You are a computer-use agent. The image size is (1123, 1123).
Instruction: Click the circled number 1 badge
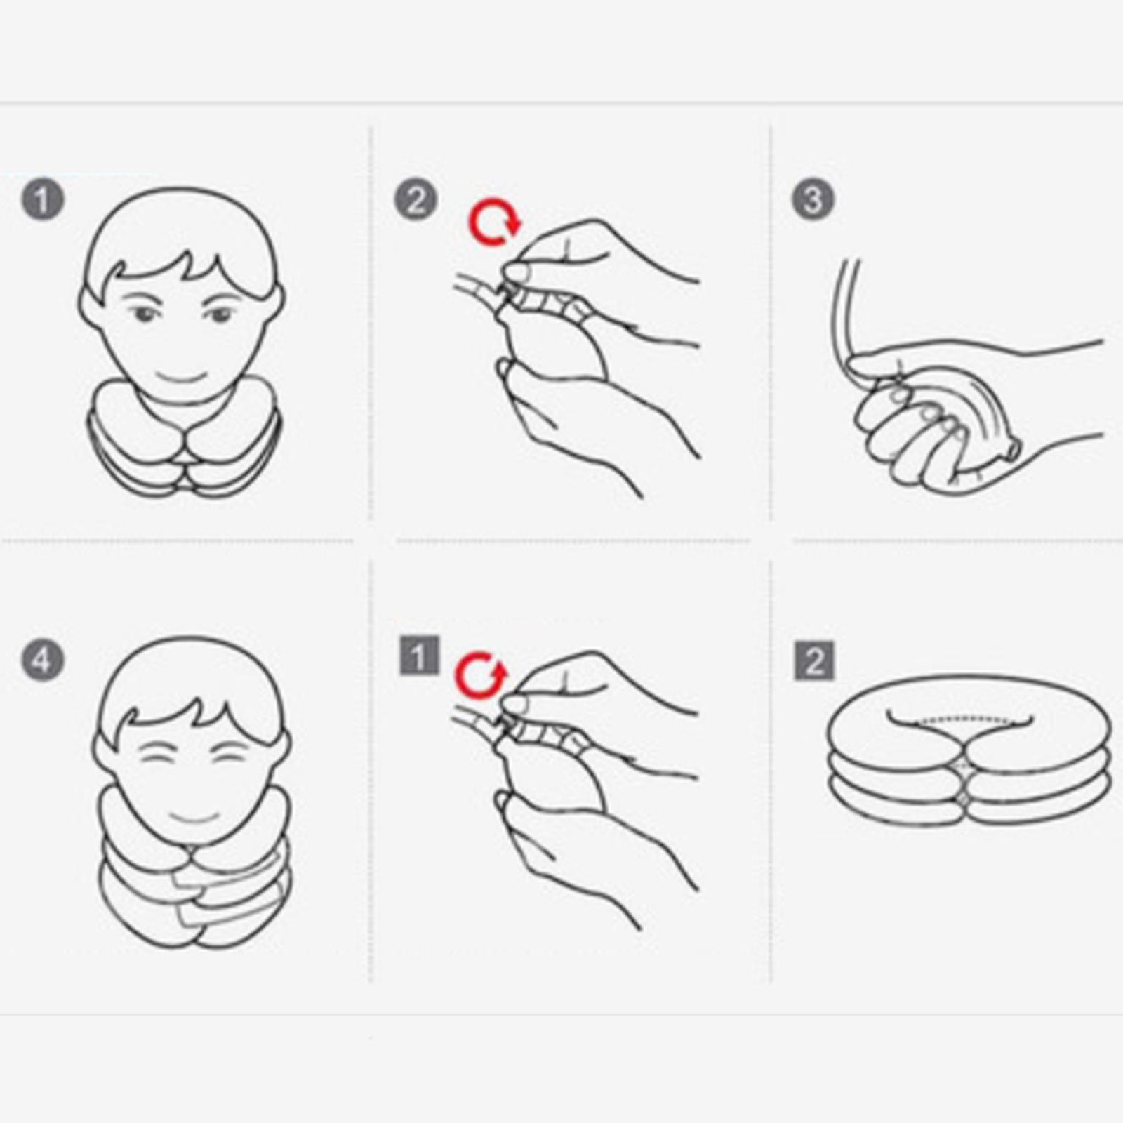coord(42,199)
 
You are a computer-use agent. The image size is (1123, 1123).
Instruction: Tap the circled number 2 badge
coord(416,199)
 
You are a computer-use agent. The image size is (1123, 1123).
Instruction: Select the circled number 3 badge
coord(813,199)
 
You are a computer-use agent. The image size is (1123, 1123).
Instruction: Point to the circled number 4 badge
coord(42,660)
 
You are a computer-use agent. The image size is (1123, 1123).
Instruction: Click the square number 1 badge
coord(419,656)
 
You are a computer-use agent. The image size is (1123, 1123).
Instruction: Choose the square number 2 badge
coord(814,660)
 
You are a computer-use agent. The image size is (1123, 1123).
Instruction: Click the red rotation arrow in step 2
coord(494,222)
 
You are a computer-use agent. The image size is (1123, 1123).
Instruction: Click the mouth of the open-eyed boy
coord(181,378)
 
